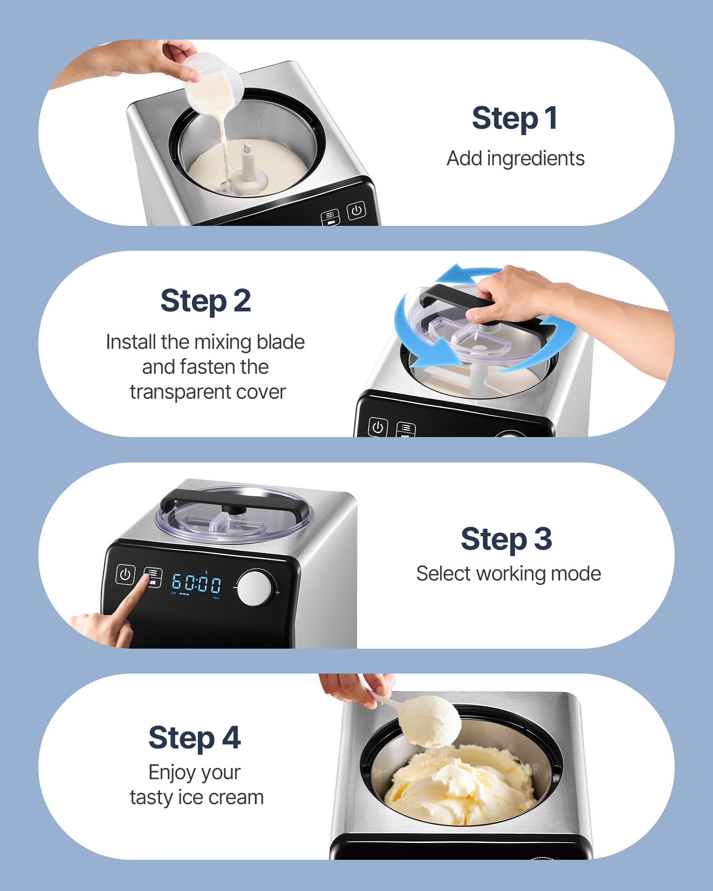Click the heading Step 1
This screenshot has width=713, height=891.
(515, 119)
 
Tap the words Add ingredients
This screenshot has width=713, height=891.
(516, 159)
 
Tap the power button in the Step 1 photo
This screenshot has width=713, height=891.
(356, 210)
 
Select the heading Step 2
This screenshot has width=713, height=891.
(205, 301)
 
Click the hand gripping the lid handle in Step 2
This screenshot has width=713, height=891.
(517, 294)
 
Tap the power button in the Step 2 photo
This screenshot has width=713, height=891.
(377, 428)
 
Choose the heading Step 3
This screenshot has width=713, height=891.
(506, 539)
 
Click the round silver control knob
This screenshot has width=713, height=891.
(254, 589)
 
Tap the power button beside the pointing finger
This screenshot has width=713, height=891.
(125, 574)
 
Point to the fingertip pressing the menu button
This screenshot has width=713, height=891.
(145, 579)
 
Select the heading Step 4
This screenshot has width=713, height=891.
(194, 738)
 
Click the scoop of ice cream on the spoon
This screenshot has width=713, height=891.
(430, 722)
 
